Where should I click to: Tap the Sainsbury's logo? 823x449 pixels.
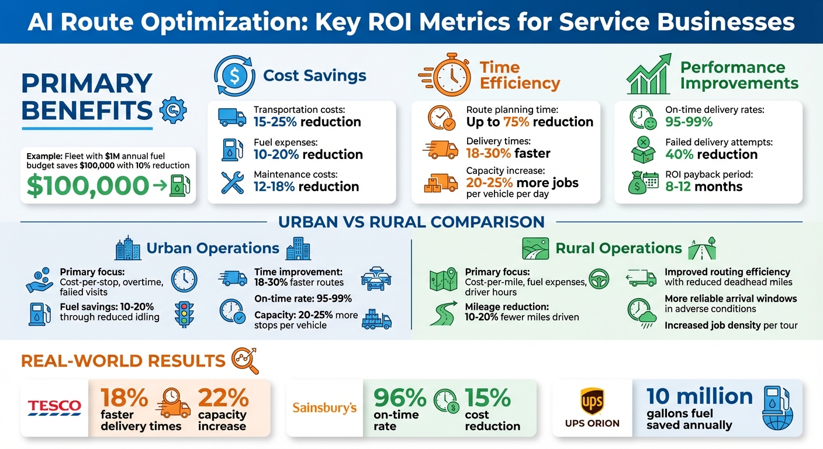[x=324, y=407]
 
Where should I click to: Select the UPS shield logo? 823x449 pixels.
[x=592, y=401]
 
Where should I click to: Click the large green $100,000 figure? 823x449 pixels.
[x=88, y=185]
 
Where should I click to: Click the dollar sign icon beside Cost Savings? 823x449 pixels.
[x=234, y=75]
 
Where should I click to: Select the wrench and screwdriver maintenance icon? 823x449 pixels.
[x=232, y=182]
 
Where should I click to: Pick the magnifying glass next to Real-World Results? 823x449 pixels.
[x=245, y=360]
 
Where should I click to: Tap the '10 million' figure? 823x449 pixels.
[x=699, y=396]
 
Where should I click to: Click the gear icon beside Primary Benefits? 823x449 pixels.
[x=172, y=110]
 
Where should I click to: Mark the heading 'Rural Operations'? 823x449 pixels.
[x=618, y=248]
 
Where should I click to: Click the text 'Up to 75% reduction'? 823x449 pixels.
[x=530, y=122]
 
